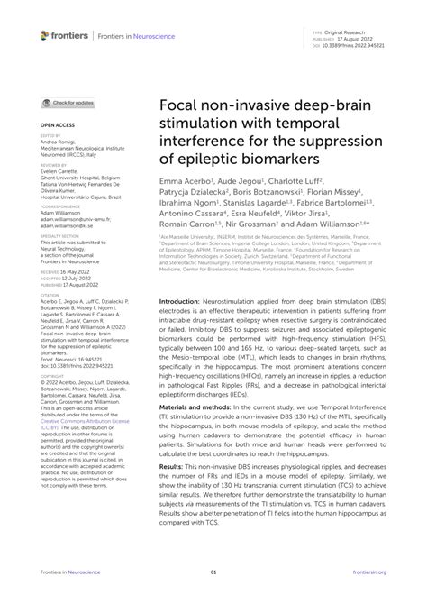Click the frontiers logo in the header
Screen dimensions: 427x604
65,35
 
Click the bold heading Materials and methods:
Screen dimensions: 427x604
204,408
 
